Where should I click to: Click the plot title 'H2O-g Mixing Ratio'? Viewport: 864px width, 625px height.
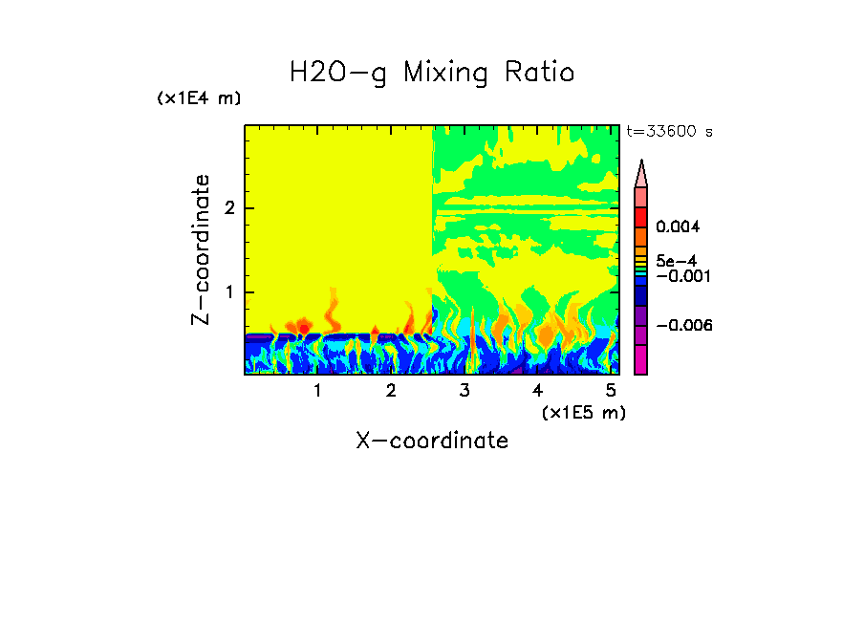pyautogui.click(x=432, y=73)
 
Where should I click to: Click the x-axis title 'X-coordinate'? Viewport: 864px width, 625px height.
pyautogui.click(x=432, y=441)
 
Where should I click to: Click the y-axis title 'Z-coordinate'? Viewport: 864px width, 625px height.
pyautogui.click(x=201, y=249)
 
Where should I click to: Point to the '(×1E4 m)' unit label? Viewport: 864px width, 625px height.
pyautogui.click(x=199, y=98)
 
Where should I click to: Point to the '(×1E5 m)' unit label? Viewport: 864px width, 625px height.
pyautogui.click(x=583, y=412)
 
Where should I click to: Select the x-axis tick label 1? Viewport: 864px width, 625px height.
pyautogui.click(x=317, y=391)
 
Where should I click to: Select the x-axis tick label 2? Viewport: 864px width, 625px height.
pyautogui.click(x=391, y=391)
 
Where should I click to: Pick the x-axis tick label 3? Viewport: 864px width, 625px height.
pyautogui.click(x=464, y=391)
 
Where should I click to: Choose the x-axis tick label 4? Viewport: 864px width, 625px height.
pyautogui.click(x=537, y=391)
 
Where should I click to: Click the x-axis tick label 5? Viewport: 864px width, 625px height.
pyautogui.click(x=611, y=391)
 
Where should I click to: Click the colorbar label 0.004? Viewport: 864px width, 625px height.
pyautogui.click(x=678, y=227)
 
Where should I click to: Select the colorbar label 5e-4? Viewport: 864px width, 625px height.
pyautogui.click(x=676, y=260)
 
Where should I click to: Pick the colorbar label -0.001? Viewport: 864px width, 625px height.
pyautogui.click(x=680, y=275)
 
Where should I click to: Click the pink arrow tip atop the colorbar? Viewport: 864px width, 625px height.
pyautogui.click(x=641, y=173)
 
